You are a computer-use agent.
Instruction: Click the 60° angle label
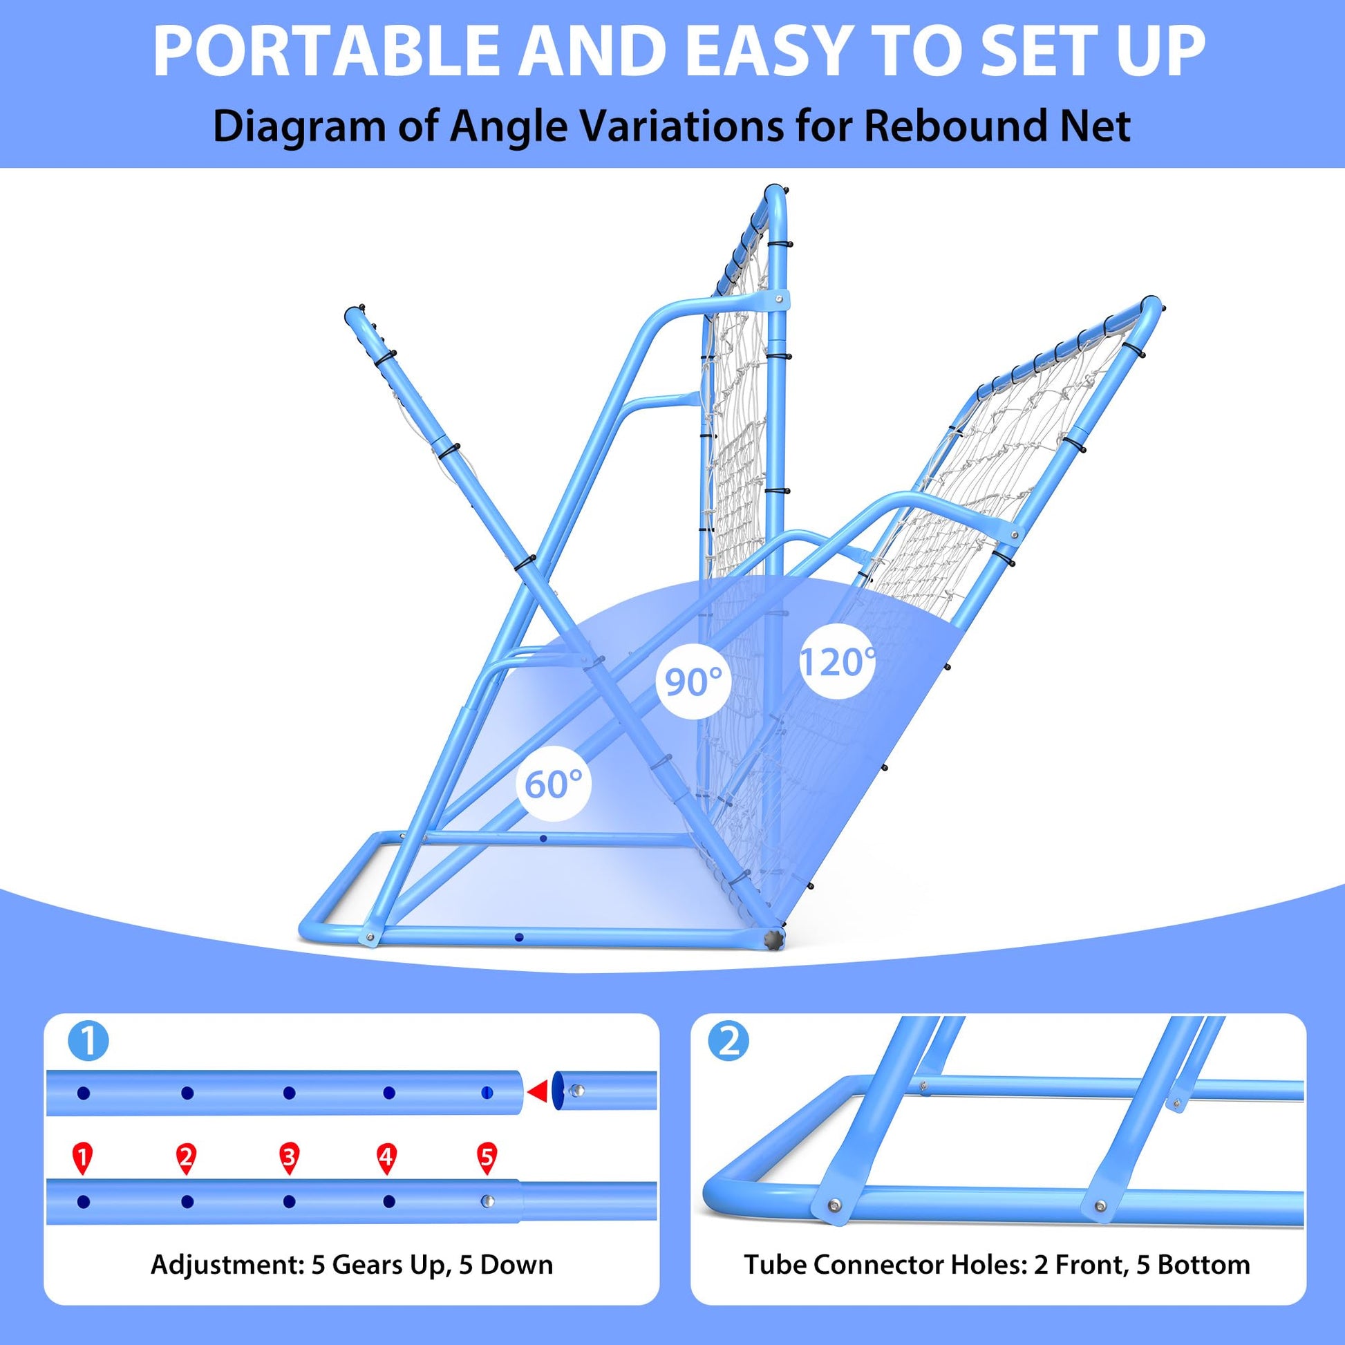pyautogui.click(x=553, y=784)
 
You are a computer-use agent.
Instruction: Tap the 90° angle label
pyautogui.click(x=693, y=681)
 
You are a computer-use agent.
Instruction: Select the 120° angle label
pyautogui.click(x=838, y=661)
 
